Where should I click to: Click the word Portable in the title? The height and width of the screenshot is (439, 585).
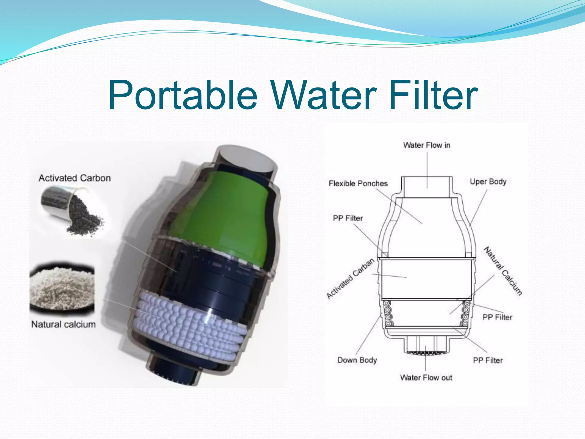coord(183,95)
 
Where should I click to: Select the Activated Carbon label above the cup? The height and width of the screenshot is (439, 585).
coord(75,178)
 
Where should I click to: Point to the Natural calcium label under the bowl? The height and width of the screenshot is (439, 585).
coord(63,324)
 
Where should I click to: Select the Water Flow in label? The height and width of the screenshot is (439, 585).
coord(427,145)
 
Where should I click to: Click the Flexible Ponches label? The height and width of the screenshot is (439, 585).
coord(358,183)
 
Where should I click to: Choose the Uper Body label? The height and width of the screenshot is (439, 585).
coord(488,182)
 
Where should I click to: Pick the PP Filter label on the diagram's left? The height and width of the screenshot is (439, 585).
coord(348,218)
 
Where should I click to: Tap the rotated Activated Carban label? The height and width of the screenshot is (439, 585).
coord(350,279)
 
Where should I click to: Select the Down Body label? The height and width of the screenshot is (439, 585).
coord(357,360)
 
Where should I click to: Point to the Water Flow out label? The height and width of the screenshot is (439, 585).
coord(426,378)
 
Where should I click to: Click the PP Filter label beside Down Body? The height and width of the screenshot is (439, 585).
coord(488,360)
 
